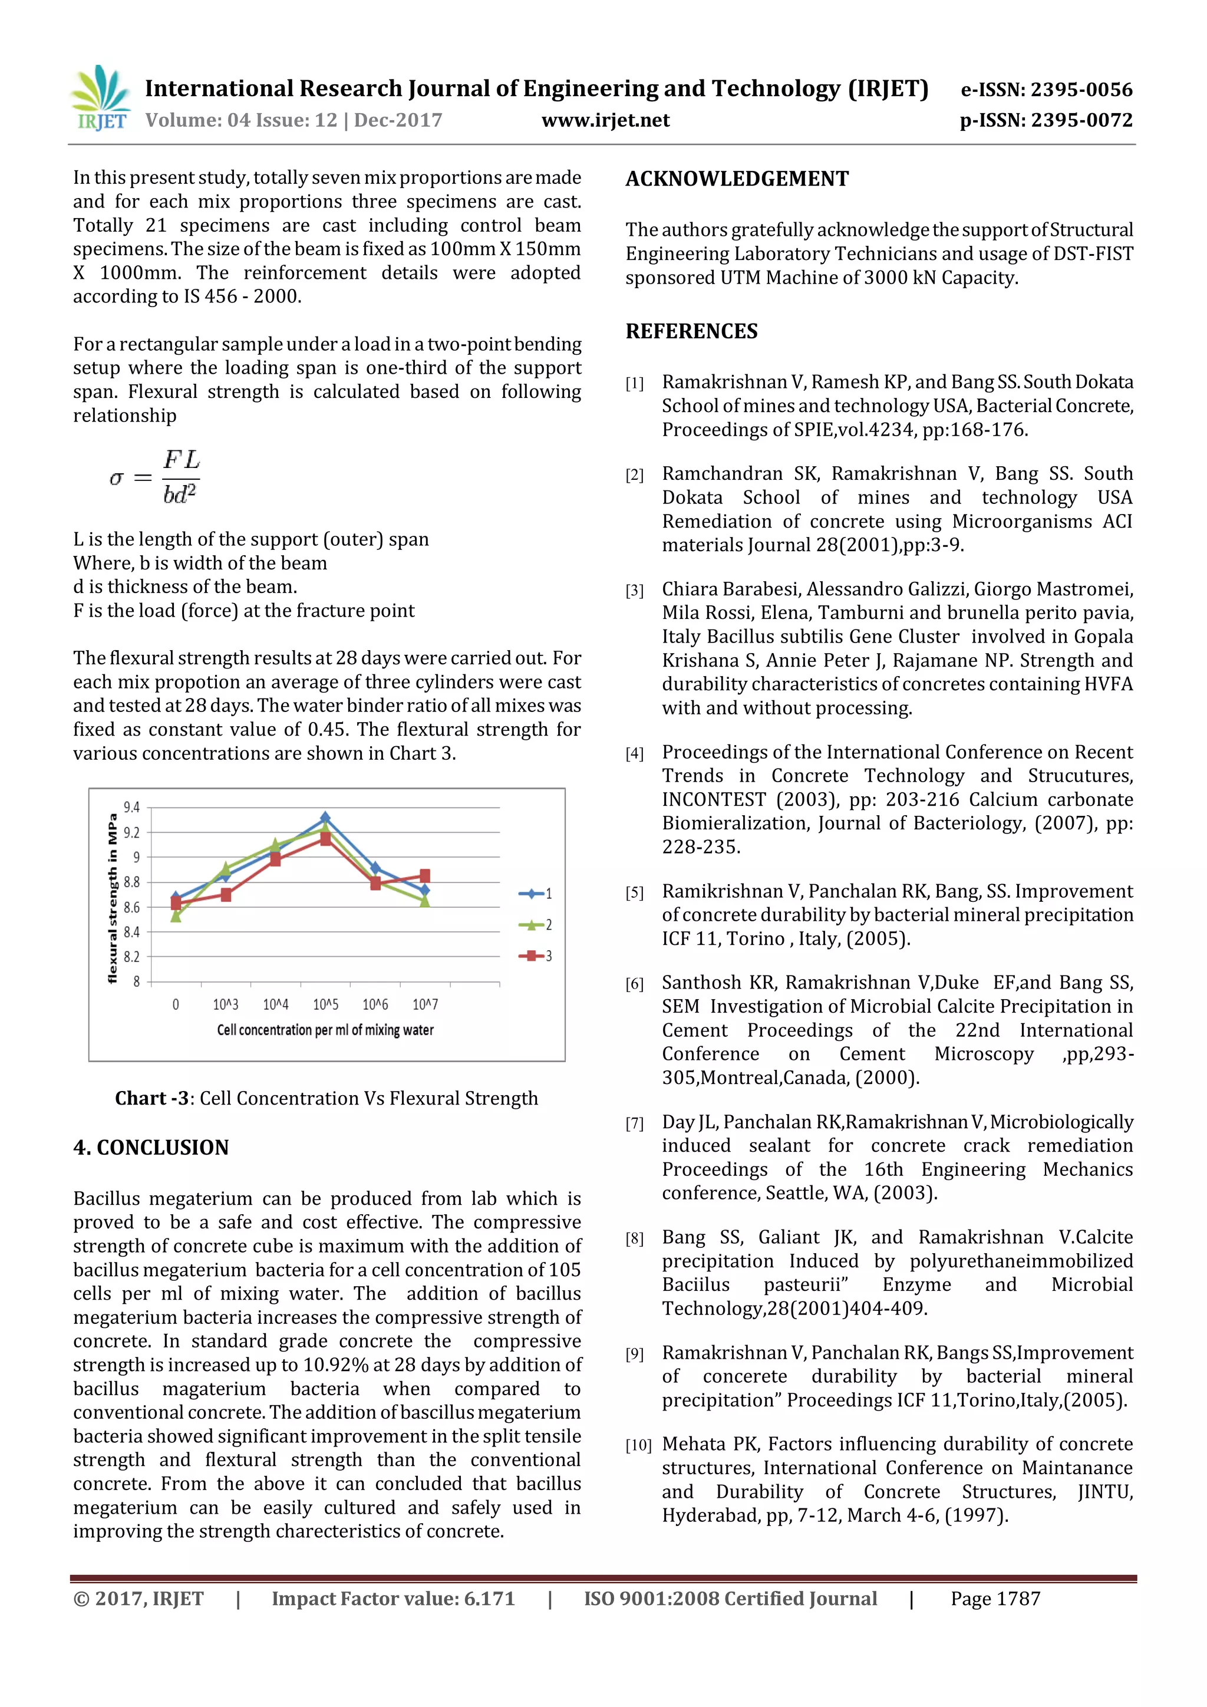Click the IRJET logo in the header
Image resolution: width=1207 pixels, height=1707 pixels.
(100, 98)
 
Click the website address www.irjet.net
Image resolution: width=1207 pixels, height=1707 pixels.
(605, 120)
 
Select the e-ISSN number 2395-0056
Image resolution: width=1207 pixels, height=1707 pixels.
(1047, 90)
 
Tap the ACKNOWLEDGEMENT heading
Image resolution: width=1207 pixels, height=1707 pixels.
(737, 179)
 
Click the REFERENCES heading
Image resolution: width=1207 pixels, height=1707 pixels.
(691, 332)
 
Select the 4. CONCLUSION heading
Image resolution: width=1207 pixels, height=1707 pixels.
(151, 1147)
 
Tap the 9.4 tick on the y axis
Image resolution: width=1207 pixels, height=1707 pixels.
(131, 808)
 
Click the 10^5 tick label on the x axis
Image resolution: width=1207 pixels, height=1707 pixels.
(325, 1004)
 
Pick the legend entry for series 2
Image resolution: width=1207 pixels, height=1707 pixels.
(536, 925)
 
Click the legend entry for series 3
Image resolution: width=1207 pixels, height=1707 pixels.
(536, 956)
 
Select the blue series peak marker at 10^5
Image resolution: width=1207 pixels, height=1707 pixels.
(325, 818)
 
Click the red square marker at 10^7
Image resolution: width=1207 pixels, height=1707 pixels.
(425, 876)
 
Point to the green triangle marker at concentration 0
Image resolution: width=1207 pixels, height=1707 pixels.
(176, 917)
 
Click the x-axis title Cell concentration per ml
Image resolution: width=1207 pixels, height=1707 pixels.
(325, 1030)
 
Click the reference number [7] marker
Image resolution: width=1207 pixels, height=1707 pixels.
(634, 1123)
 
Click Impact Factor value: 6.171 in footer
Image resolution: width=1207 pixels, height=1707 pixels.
(393, 1599)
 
